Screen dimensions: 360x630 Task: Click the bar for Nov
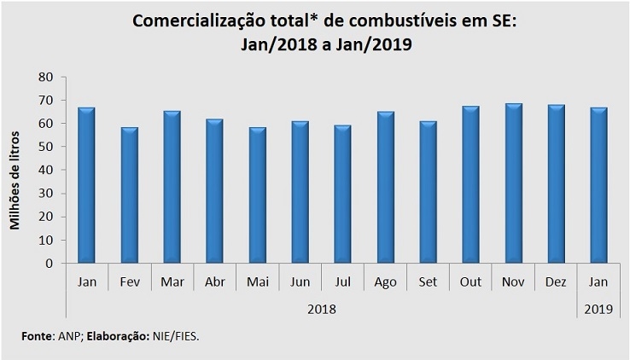pos(513,183)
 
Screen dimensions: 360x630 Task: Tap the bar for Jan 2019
pos(598,185)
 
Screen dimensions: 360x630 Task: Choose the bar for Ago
pos(385,188)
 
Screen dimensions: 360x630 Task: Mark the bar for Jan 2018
pos(86,185)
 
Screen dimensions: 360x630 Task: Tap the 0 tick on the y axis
pos(49,264)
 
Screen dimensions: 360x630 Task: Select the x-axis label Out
pos(470,282)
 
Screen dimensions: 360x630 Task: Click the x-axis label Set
pos(428,282)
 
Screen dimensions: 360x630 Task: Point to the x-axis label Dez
pos(556,282)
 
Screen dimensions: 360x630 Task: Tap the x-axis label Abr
pos(214,282)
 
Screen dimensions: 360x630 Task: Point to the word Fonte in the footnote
pos(37,337)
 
